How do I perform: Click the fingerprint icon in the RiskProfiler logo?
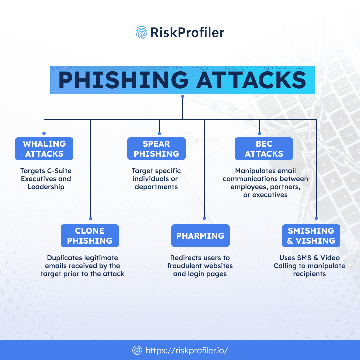tap(141, 32)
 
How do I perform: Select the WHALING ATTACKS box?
tap(44, 149)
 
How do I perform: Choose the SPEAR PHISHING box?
tap(156, 149)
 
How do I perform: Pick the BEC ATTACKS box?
tap(264, 149)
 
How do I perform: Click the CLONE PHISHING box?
tap(90, 236)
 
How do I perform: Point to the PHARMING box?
tap(200, 236)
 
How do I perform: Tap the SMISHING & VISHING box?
tap(311, 236)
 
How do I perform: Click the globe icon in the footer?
tap(137, 350)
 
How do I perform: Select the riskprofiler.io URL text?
tap(186, 350)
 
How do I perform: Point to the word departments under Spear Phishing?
tap(156, 187)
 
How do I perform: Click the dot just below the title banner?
tap(182, 97)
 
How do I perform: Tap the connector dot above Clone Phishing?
tap(91, 219)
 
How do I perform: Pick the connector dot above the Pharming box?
tap(204, 219)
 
